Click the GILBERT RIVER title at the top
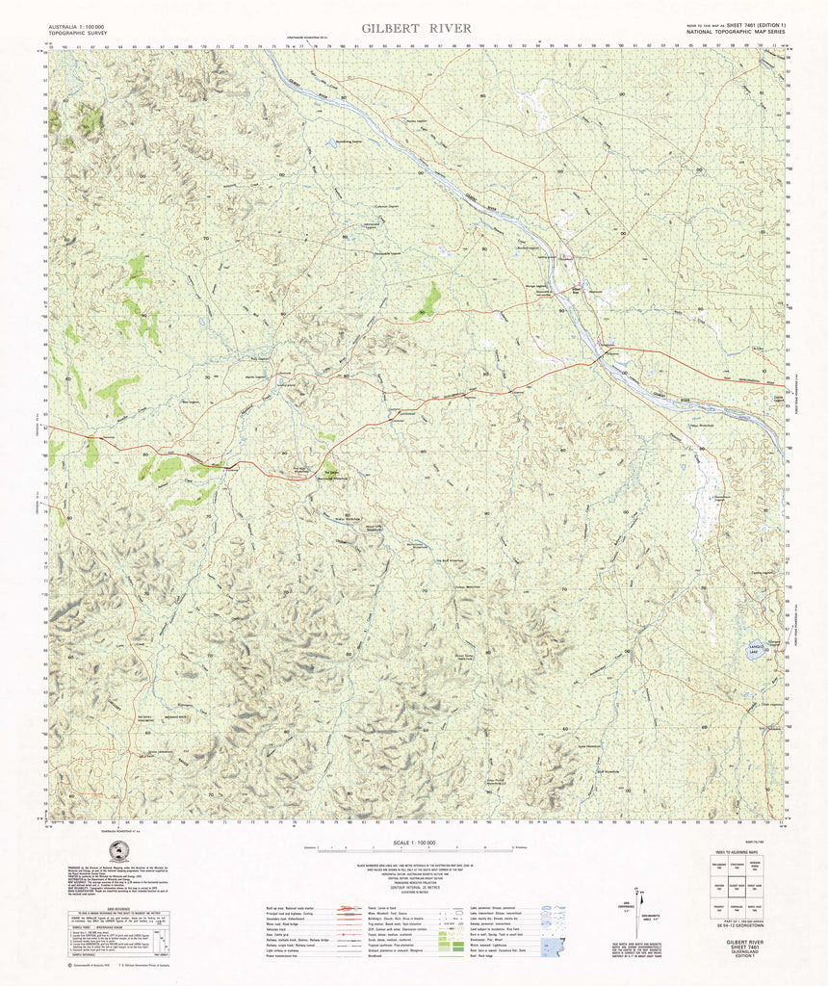[417, 28]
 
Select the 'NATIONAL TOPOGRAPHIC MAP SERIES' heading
[735, 33]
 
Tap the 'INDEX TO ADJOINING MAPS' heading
[737, 853]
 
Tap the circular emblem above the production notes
[119, 851]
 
